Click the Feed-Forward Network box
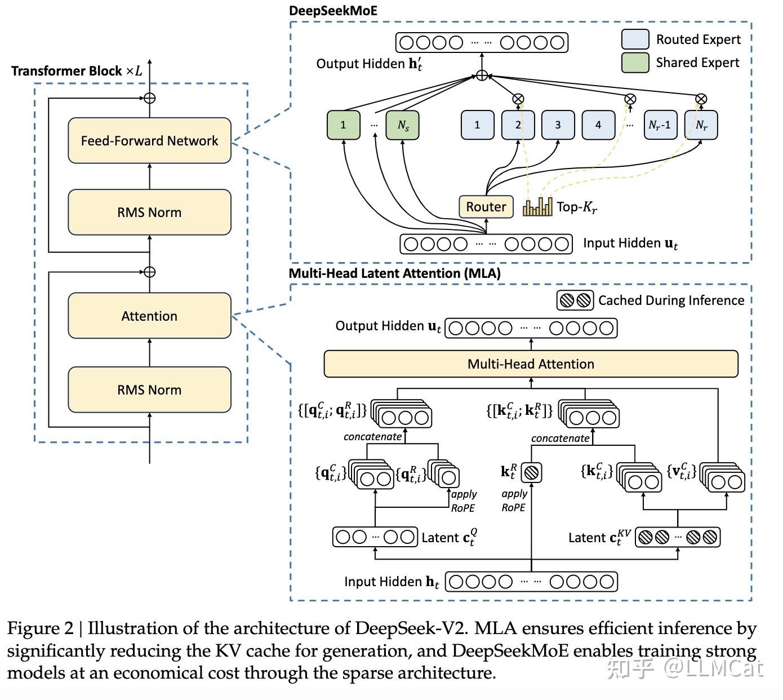coord(149,140)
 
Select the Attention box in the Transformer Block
coord(149,316)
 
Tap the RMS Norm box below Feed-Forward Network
coord(149,212)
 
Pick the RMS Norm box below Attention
coord(149,389)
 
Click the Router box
coord(486,207)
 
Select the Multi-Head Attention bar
coord(531,364)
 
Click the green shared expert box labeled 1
coord(343,125)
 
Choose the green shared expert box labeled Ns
coord(403,125)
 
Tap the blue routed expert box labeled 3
coord(558,125)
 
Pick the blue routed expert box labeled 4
coord(598,125)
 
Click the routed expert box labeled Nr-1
coord(660,125)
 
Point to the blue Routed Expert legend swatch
coord(635,39)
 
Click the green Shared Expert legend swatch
coord(635,63)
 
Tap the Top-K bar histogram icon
coord(537,207)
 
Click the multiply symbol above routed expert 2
coord(518,99)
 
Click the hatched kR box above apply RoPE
coord(531,472)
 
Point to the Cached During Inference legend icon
coord(575,300)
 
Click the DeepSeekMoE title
coord(333,11)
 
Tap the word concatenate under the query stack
coord(372,437)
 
